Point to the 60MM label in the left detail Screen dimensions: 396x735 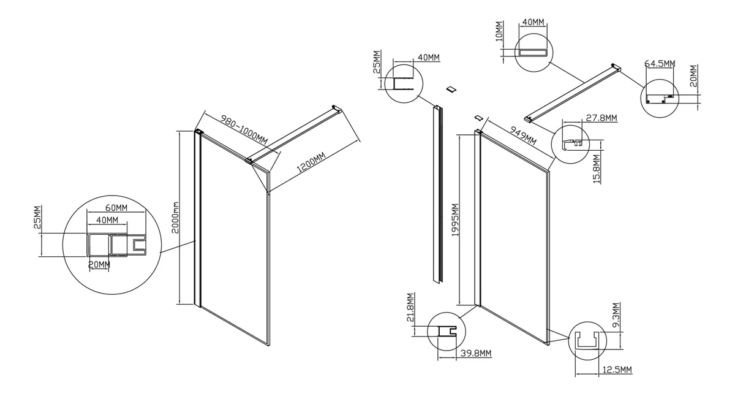coord(116,208)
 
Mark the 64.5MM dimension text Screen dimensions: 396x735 coord(660,63)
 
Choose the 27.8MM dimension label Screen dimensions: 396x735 coord(601,118)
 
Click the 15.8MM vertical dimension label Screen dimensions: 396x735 coord(597,169)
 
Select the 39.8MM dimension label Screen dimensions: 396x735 coord(475,354)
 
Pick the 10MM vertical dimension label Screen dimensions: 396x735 coord(499,31)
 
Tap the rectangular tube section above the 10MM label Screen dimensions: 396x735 coord(532,52)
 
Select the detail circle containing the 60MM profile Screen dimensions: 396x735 coord(111,245)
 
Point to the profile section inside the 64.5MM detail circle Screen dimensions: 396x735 coord(661,99)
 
